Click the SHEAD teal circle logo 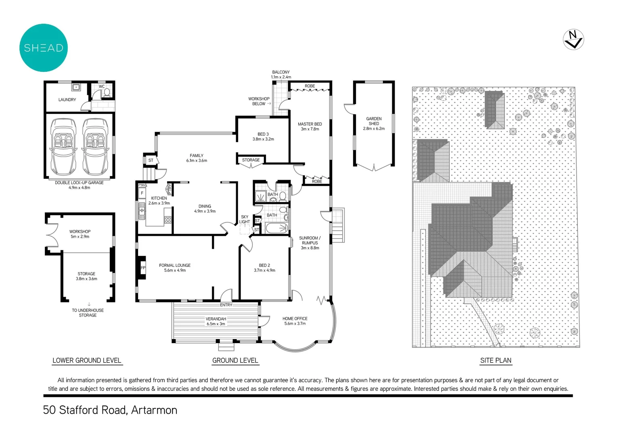coord(44,48)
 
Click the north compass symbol coord(573,40)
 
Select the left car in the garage coord(64,147)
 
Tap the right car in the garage coord(95,147)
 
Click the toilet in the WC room coord(107,92)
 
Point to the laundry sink coord(76,87)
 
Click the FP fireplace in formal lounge coord(142,268)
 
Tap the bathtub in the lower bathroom coord(277,228)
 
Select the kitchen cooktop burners coord(168,220)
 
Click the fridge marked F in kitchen coord(142,193)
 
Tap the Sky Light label coord(245,219)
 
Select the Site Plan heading coord(496,361)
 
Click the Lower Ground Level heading coord(87,361)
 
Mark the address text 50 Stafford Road coord(110,410)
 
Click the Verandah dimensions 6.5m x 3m coord(216,324)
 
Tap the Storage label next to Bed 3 coord(251,160)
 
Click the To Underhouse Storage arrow coord(89,304)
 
